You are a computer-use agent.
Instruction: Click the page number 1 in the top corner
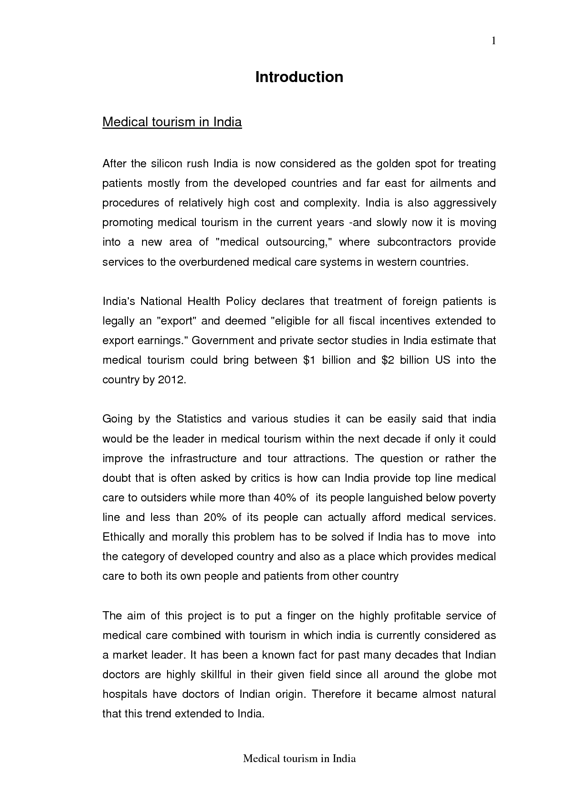point(493,41)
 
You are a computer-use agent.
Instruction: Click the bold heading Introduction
point(299,77)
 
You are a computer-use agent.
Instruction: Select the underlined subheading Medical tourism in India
point(172,122)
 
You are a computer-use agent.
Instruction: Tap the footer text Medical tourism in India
point(299,758)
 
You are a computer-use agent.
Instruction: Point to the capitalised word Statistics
point(199,419)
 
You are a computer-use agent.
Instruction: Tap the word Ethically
point(123,537)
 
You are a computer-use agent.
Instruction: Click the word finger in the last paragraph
point(301,616)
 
